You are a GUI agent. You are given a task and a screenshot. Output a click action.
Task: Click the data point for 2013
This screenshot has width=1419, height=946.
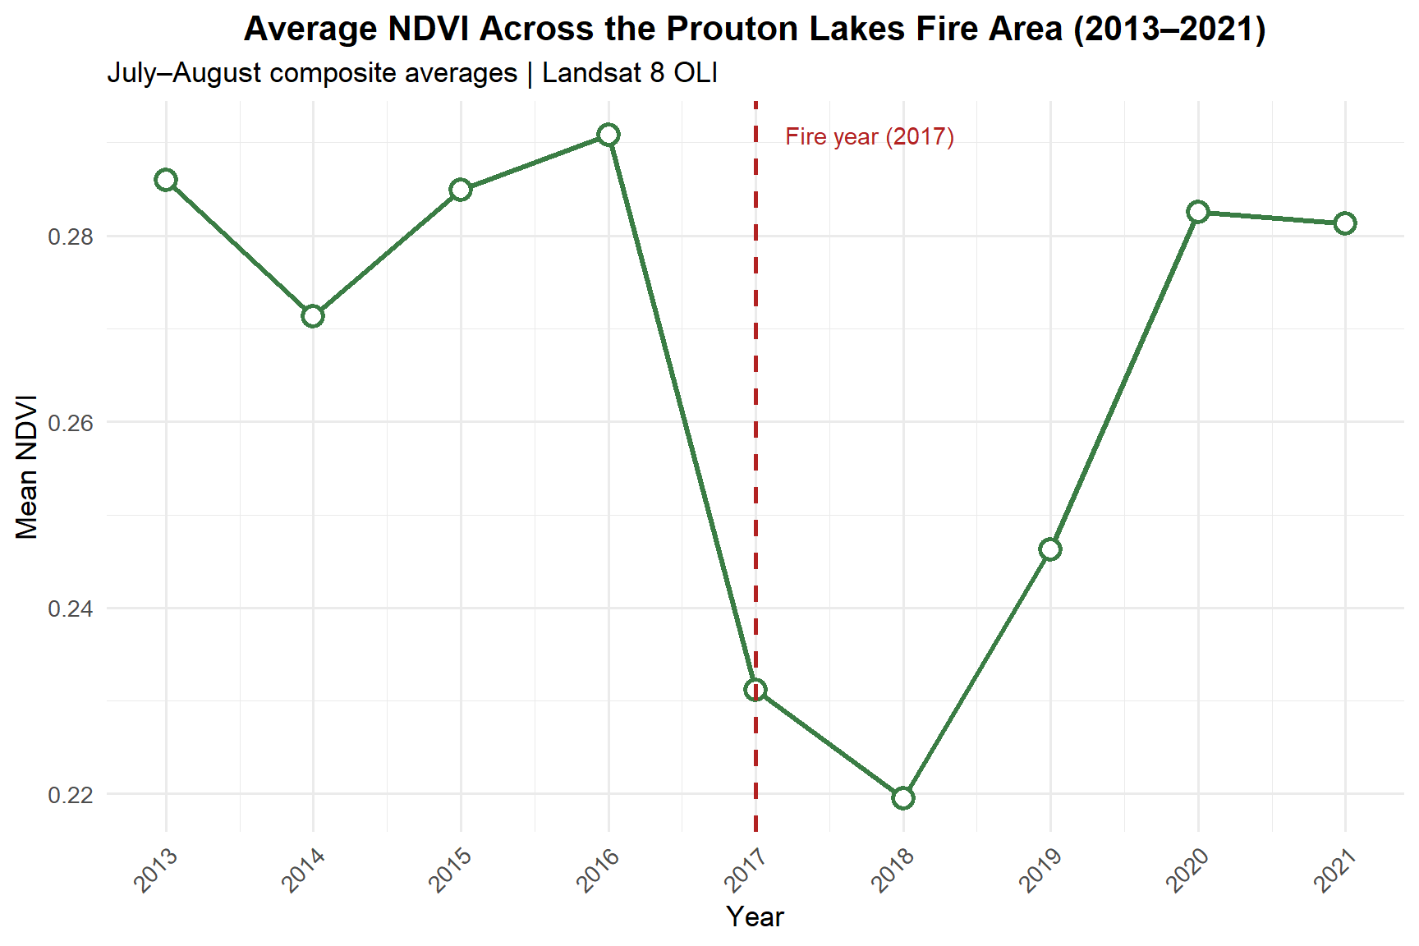166,180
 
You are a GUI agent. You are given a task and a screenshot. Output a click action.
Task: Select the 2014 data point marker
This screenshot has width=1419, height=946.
313,316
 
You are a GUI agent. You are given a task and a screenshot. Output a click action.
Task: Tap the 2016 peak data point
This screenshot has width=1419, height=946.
608,135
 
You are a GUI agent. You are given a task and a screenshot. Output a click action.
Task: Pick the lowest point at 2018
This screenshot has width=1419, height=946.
903,798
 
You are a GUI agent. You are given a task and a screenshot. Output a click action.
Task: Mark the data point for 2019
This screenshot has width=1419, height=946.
1050,549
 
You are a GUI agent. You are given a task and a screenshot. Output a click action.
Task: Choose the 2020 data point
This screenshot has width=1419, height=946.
1198,212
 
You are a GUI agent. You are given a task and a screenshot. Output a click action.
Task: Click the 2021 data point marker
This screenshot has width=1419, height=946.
1345,223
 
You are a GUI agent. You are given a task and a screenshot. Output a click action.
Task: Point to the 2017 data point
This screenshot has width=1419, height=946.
755,690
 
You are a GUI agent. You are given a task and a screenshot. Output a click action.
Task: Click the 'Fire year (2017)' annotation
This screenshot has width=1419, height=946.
870,136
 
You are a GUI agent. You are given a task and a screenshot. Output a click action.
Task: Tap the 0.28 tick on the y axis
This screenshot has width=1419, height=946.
71,236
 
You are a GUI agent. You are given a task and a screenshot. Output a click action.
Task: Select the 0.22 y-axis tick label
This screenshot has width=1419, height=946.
71,795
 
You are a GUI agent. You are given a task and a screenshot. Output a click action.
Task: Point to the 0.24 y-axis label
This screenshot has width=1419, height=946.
71,608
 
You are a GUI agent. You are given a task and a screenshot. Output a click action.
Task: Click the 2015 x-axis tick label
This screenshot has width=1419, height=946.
451,870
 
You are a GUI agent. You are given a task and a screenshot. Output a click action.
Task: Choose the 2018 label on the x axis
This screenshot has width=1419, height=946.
893,870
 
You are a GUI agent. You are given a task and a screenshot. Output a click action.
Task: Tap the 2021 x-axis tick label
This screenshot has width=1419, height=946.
1335,870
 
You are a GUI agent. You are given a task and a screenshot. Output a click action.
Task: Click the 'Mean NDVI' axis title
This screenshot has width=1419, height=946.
27,467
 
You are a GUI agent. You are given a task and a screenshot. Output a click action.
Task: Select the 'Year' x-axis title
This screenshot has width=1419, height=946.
755,916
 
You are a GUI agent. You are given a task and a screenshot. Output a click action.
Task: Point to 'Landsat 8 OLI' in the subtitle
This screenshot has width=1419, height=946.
630,73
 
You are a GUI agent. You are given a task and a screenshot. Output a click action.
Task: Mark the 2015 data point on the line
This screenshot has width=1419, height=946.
461,190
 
